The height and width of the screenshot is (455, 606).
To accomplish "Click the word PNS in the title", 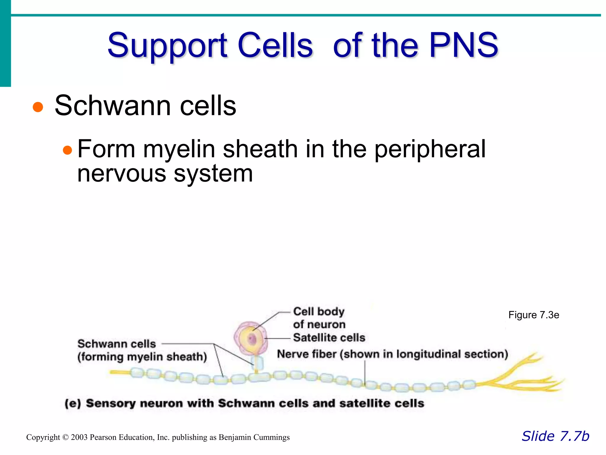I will click(x=464, y=45).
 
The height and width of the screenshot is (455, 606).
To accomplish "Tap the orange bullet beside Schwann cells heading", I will click(x=38, y=107).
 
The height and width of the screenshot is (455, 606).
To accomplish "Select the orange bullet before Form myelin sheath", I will click(x=67, y=150).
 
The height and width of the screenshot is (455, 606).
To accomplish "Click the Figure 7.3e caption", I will click(x=534, y=315).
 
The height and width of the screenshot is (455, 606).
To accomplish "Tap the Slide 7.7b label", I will click(x=555, y=436).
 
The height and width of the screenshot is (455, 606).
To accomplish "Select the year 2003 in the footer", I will click(x=79, y=437).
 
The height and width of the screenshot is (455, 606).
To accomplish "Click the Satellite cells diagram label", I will click(x=329, y=337).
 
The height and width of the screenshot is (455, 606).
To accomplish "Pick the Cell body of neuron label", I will click(x=319, y=318).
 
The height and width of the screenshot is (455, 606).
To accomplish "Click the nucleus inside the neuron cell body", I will click(x=252, y=339).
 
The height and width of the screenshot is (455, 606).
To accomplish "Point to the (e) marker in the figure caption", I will click(x=72, y=403).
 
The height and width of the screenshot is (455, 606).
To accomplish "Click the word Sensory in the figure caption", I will click(x=110, y=403).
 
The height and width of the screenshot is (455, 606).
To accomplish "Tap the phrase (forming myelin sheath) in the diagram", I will click(x=142, y=357).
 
